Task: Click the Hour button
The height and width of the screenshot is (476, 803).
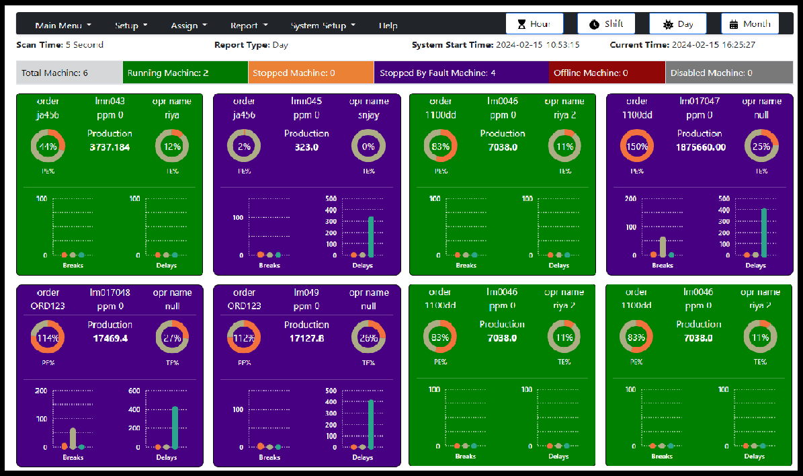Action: tap(534, 24)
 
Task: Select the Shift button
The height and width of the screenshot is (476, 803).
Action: tap(606, 24)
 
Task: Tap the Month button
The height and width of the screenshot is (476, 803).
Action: tap(750, 24)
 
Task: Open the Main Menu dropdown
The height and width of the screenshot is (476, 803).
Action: tap(63, 26)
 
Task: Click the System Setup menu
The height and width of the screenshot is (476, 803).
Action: tap(323, 26)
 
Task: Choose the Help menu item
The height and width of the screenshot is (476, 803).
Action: tap(388, 26)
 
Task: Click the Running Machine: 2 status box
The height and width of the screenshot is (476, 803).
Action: tap(185, 73)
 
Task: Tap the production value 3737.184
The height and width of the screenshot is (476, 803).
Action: tap(110, 147)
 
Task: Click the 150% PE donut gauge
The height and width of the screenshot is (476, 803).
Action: tap(637, 147)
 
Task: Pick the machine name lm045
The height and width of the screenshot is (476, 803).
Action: tap(306, 102)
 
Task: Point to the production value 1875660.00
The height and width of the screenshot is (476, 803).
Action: tap(700, 147)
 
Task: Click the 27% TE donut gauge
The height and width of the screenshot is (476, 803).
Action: tap(172, 338)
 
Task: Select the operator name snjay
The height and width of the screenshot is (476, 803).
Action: tap(368, 115)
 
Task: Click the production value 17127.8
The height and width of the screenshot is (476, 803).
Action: tap(306, 338)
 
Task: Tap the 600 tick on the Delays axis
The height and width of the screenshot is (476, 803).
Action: tap(134, 391)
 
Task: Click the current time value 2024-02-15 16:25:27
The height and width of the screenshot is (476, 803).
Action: tap(714, 45)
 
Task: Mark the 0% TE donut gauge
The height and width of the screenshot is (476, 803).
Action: tap(368, 147)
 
